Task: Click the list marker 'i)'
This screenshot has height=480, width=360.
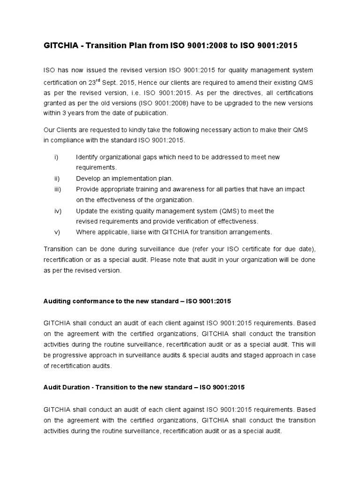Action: click(x=56, y=157)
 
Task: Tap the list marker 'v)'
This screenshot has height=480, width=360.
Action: click(x=57, y=232)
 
